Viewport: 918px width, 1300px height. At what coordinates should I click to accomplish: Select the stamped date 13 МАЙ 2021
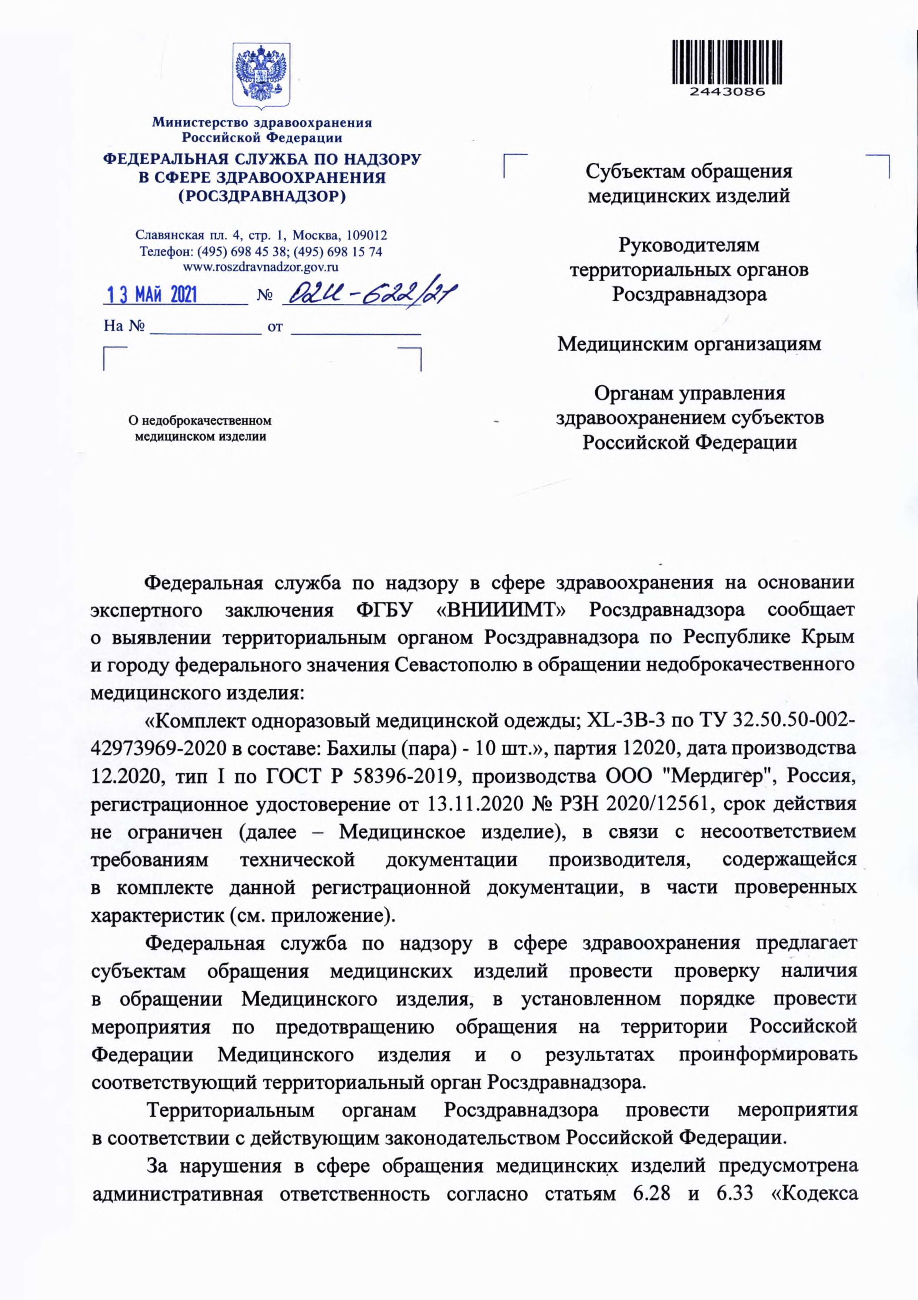tap(152, 295)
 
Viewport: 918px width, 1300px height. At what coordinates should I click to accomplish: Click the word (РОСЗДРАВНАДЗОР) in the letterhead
tap(262, 196)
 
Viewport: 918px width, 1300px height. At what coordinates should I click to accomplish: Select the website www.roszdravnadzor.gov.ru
tap(262, 267)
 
